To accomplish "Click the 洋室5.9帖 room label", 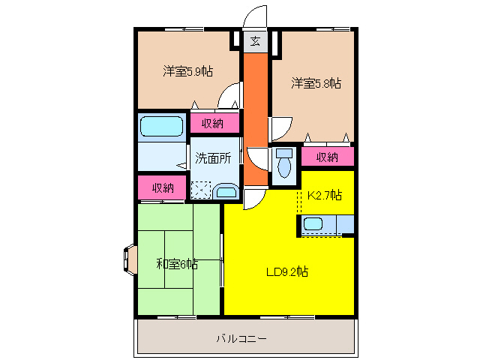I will point(187,72).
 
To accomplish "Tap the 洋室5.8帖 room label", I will point(316,83).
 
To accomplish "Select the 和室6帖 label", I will point(177,263).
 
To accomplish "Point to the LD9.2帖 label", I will point(288,272).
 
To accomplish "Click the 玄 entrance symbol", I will point(256,41).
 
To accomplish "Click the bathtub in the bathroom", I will point(161,126).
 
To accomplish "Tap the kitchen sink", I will point(313,223).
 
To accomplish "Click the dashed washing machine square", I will point(200,190).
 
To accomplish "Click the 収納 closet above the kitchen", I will point(326,157).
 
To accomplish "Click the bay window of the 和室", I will point(127,259).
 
